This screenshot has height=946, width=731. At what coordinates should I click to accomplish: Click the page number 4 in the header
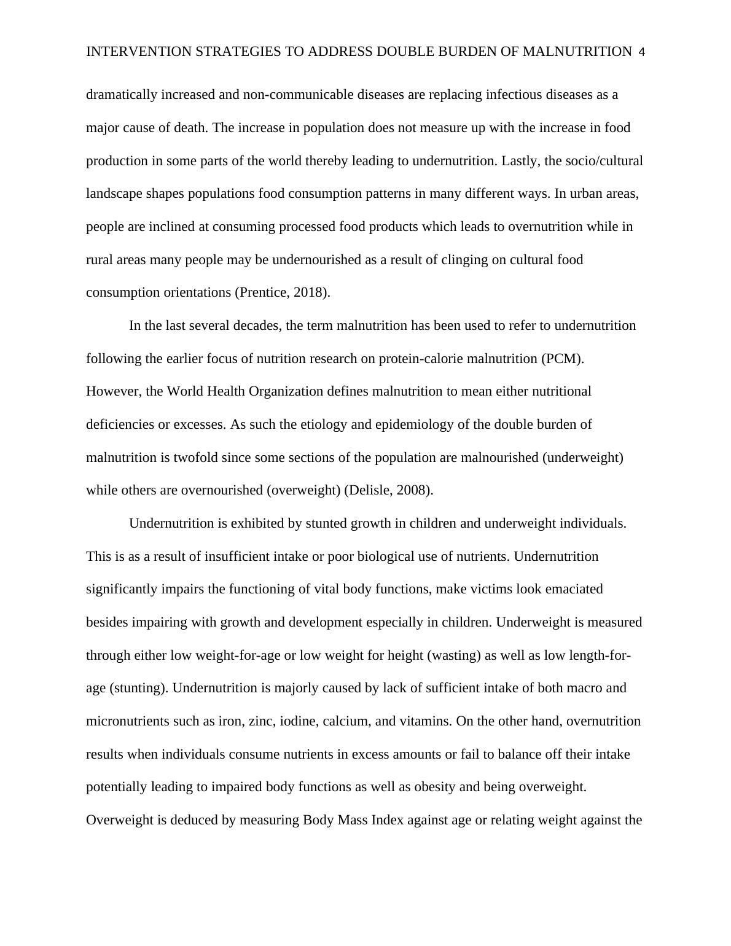(641, 52)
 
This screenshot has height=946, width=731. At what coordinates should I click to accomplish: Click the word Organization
(286, 391)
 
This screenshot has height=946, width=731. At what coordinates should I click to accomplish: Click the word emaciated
(573, 589)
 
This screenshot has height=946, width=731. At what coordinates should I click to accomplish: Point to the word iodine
(298, 721)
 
